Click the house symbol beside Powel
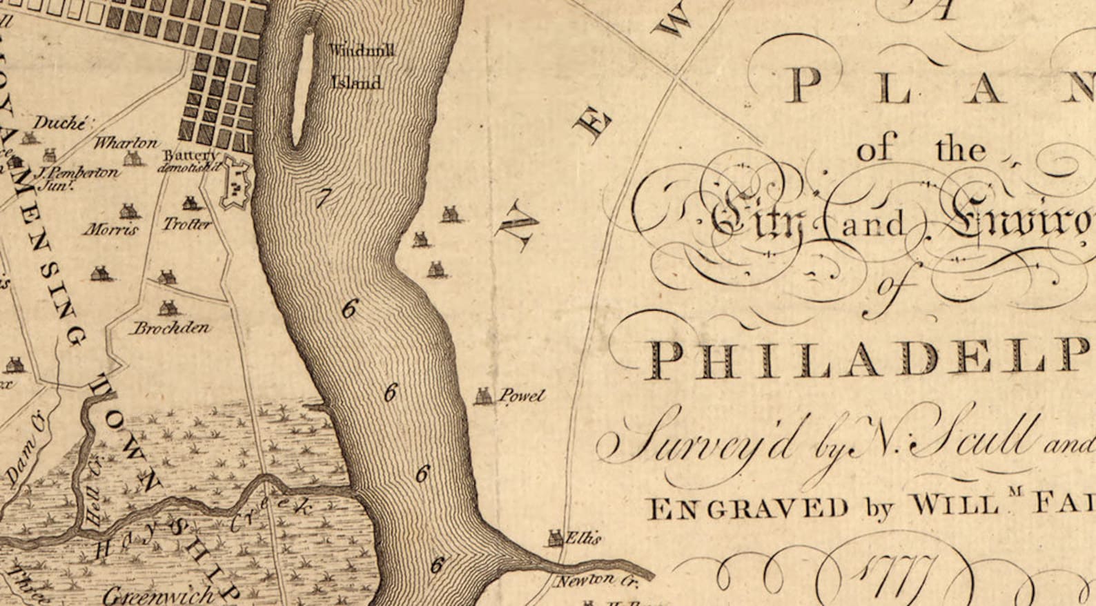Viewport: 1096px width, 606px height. tap(482, 395)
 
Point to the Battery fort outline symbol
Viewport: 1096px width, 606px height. tap(235, 183)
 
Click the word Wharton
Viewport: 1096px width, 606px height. tap(126, 143)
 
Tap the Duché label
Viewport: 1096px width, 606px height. tap(60, 124)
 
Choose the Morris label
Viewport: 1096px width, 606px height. tap(110, 229)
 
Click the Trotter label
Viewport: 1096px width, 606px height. tap(187, 224)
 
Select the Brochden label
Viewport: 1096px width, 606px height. tap(170, 327)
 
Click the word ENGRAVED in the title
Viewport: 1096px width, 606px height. tap(749, 509)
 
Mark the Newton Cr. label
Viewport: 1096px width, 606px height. tap(596, 581)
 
